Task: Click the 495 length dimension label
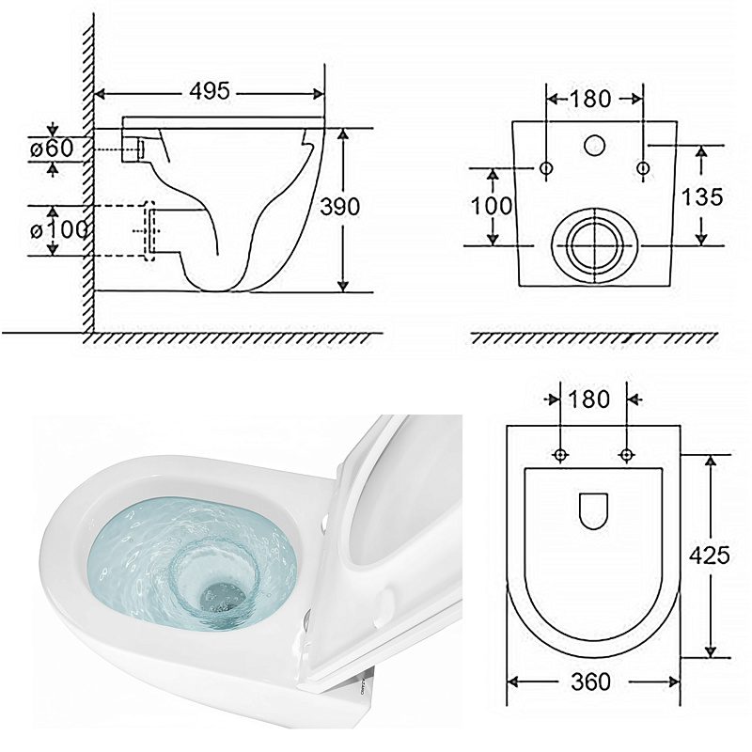click(x=210, y=91)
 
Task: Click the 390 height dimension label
click(x=339, y=207)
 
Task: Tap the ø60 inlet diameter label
click(x=53, y=149)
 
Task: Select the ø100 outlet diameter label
click(x=58, y=230)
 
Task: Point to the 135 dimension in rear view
click(x=702, y=196)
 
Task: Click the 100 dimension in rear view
click(x=492, y=206)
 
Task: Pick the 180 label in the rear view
click(x=590, y=99)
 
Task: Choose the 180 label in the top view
click(x=589, y=399)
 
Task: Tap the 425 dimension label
click(x=710, y=555)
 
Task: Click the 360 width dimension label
click(x=591, y=681)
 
